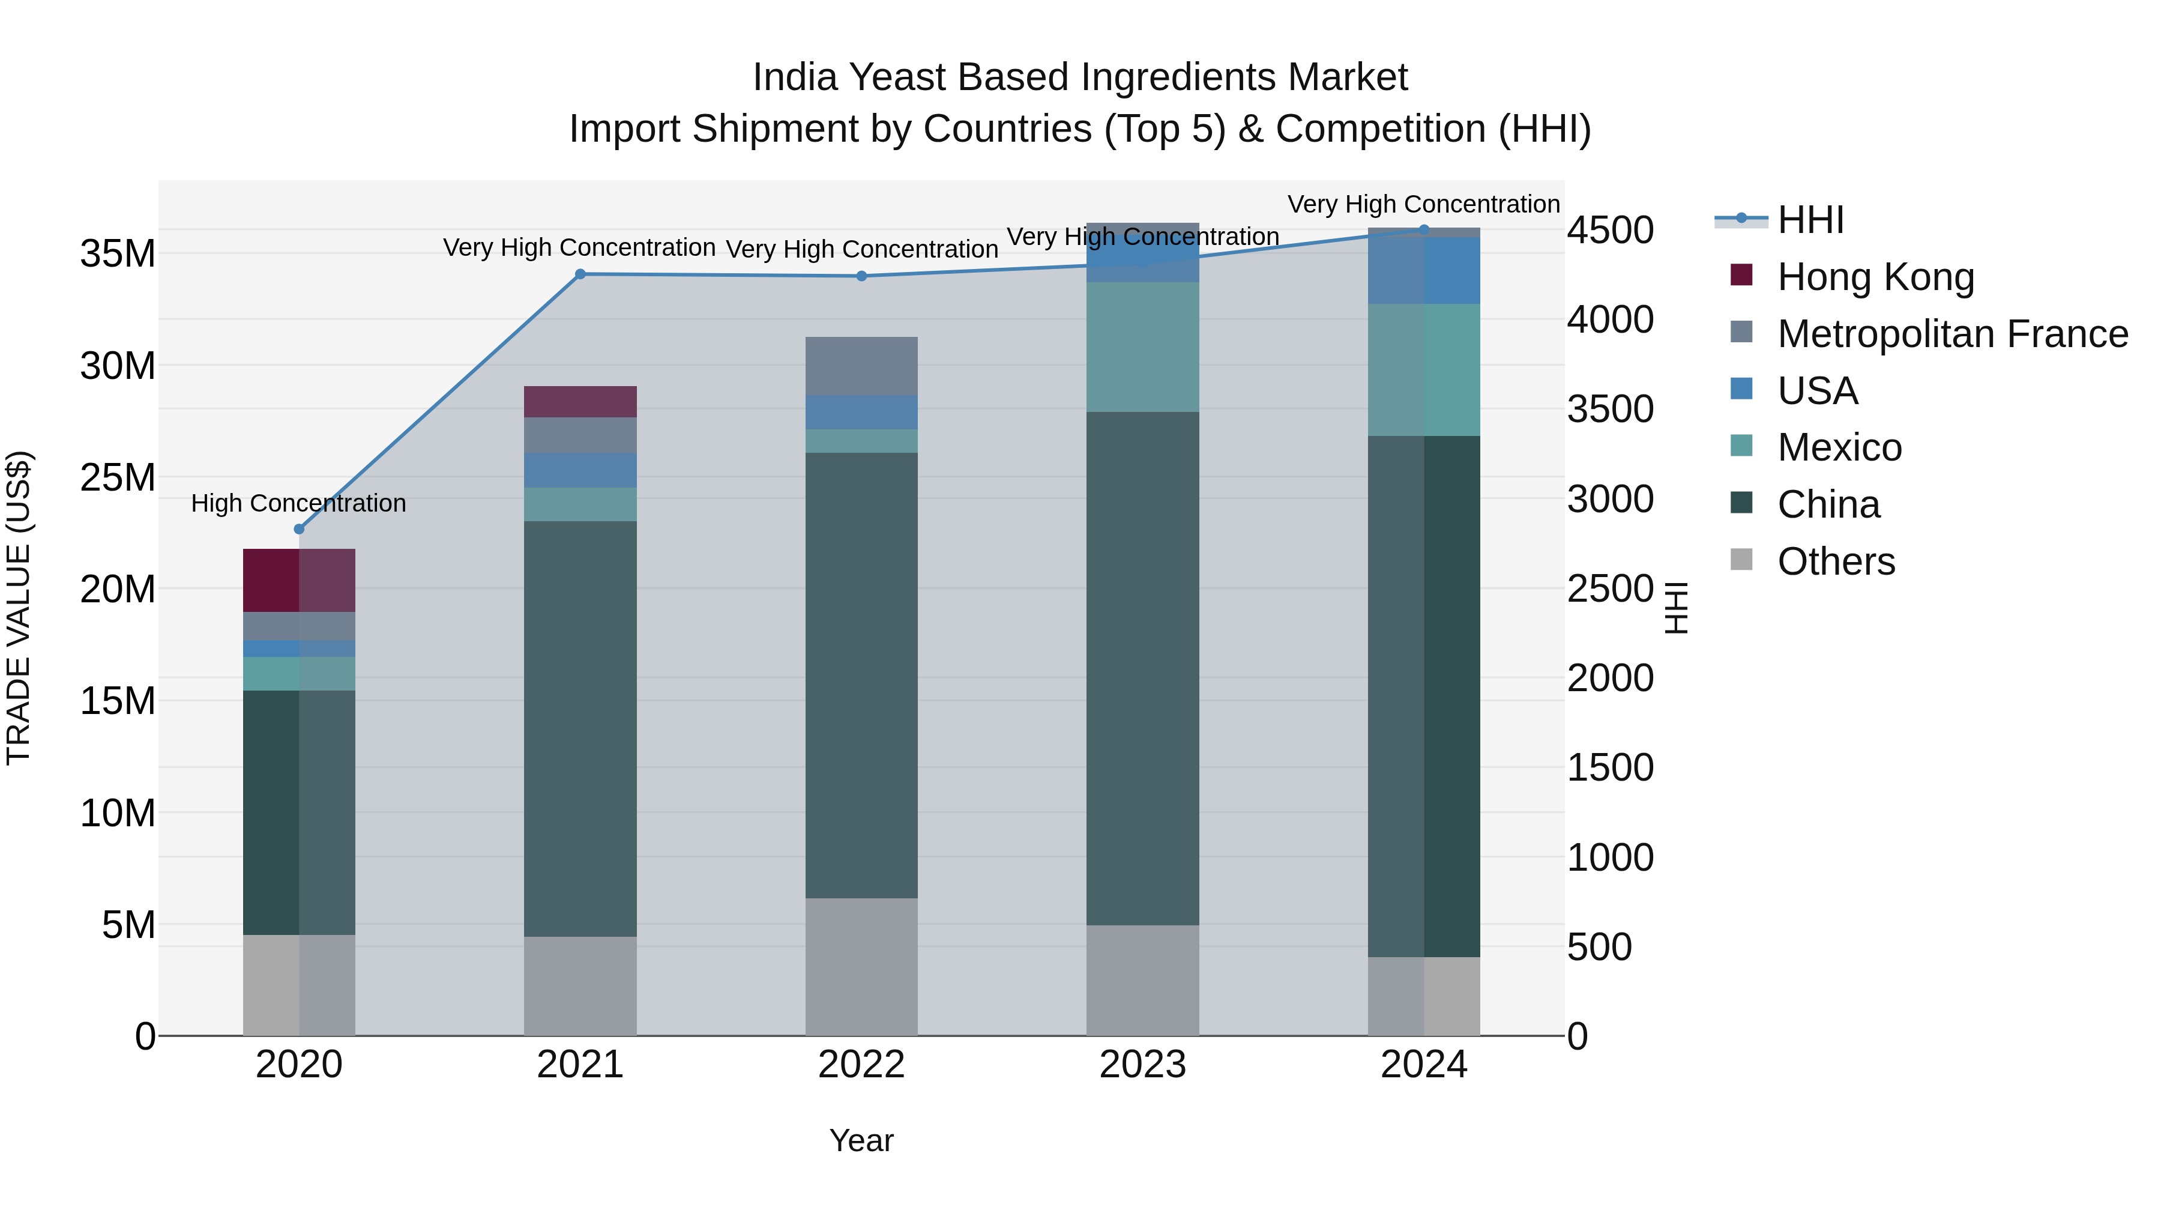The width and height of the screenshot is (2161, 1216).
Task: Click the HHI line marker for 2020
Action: pyautogui.click(x=299, y=528)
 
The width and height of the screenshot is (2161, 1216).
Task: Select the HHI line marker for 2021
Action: pyautogui.click(x=580, y=274)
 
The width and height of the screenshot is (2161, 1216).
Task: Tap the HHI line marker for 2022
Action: pyautogui.click(x=861, y=276)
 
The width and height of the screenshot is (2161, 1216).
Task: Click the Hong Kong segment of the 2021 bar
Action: pyautogui.click(x=580, y=402)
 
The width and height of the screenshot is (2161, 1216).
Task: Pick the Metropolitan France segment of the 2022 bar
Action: pyautogui.click(x=861, y=366)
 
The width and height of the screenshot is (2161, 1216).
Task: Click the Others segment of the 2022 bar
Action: pyautogui.click(x=861, y=966)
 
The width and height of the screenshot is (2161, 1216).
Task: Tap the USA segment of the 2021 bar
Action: pyautogui.click(x=580, y=470)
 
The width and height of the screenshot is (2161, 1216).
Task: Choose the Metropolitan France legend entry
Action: pyautogui.click(x=1952, y=334)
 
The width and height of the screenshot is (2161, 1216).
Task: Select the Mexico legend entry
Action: pyautogui.click(x=1839, y=447)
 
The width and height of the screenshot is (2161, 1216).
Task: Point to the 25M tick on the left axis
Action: pyautogui.click(x=118, y=477)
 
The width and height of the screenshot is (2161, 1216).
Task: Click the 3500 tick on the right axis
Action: pyautogui.click(x=1610, y=410)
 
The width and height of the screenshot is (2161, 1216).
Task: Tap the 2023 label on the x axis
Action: pyautogui.click(x=1142, y=1065)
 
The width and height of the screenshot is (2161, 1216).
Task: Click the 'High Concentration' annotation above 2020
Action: pyautogui.click(x=299, y=504)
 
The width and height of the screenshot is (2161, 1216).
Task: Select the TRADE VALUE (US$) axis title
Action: pyautogui.click(x=19, y=608)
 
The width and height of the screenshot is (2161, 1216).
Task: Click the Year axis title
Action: pyautogui.click(x=861, y=1140)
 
